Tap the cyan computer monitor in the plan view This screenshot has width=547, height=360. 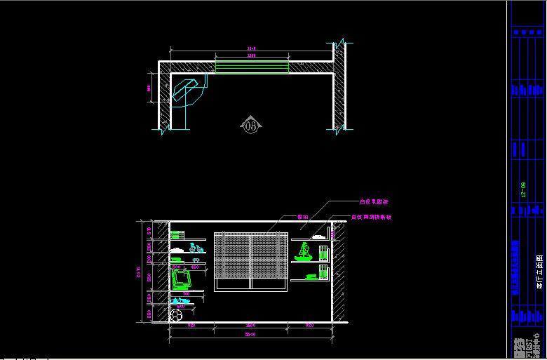click(187, 91)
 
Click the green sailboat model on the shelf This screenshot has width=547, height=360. click(304, 251)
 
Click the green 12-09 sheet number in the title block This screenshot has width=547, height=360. click(522, 190)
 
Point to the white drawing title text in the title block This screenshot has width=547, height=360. click(539, 273)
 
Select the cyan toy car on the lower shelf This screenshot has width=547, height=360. click(180, 300)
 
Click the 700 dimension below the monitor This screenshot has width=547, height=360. click(186, 293)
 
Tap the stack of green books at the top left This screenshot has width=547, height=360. click(177, 234)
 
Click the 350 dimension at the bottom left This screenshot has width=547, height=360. click(149, 315)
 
